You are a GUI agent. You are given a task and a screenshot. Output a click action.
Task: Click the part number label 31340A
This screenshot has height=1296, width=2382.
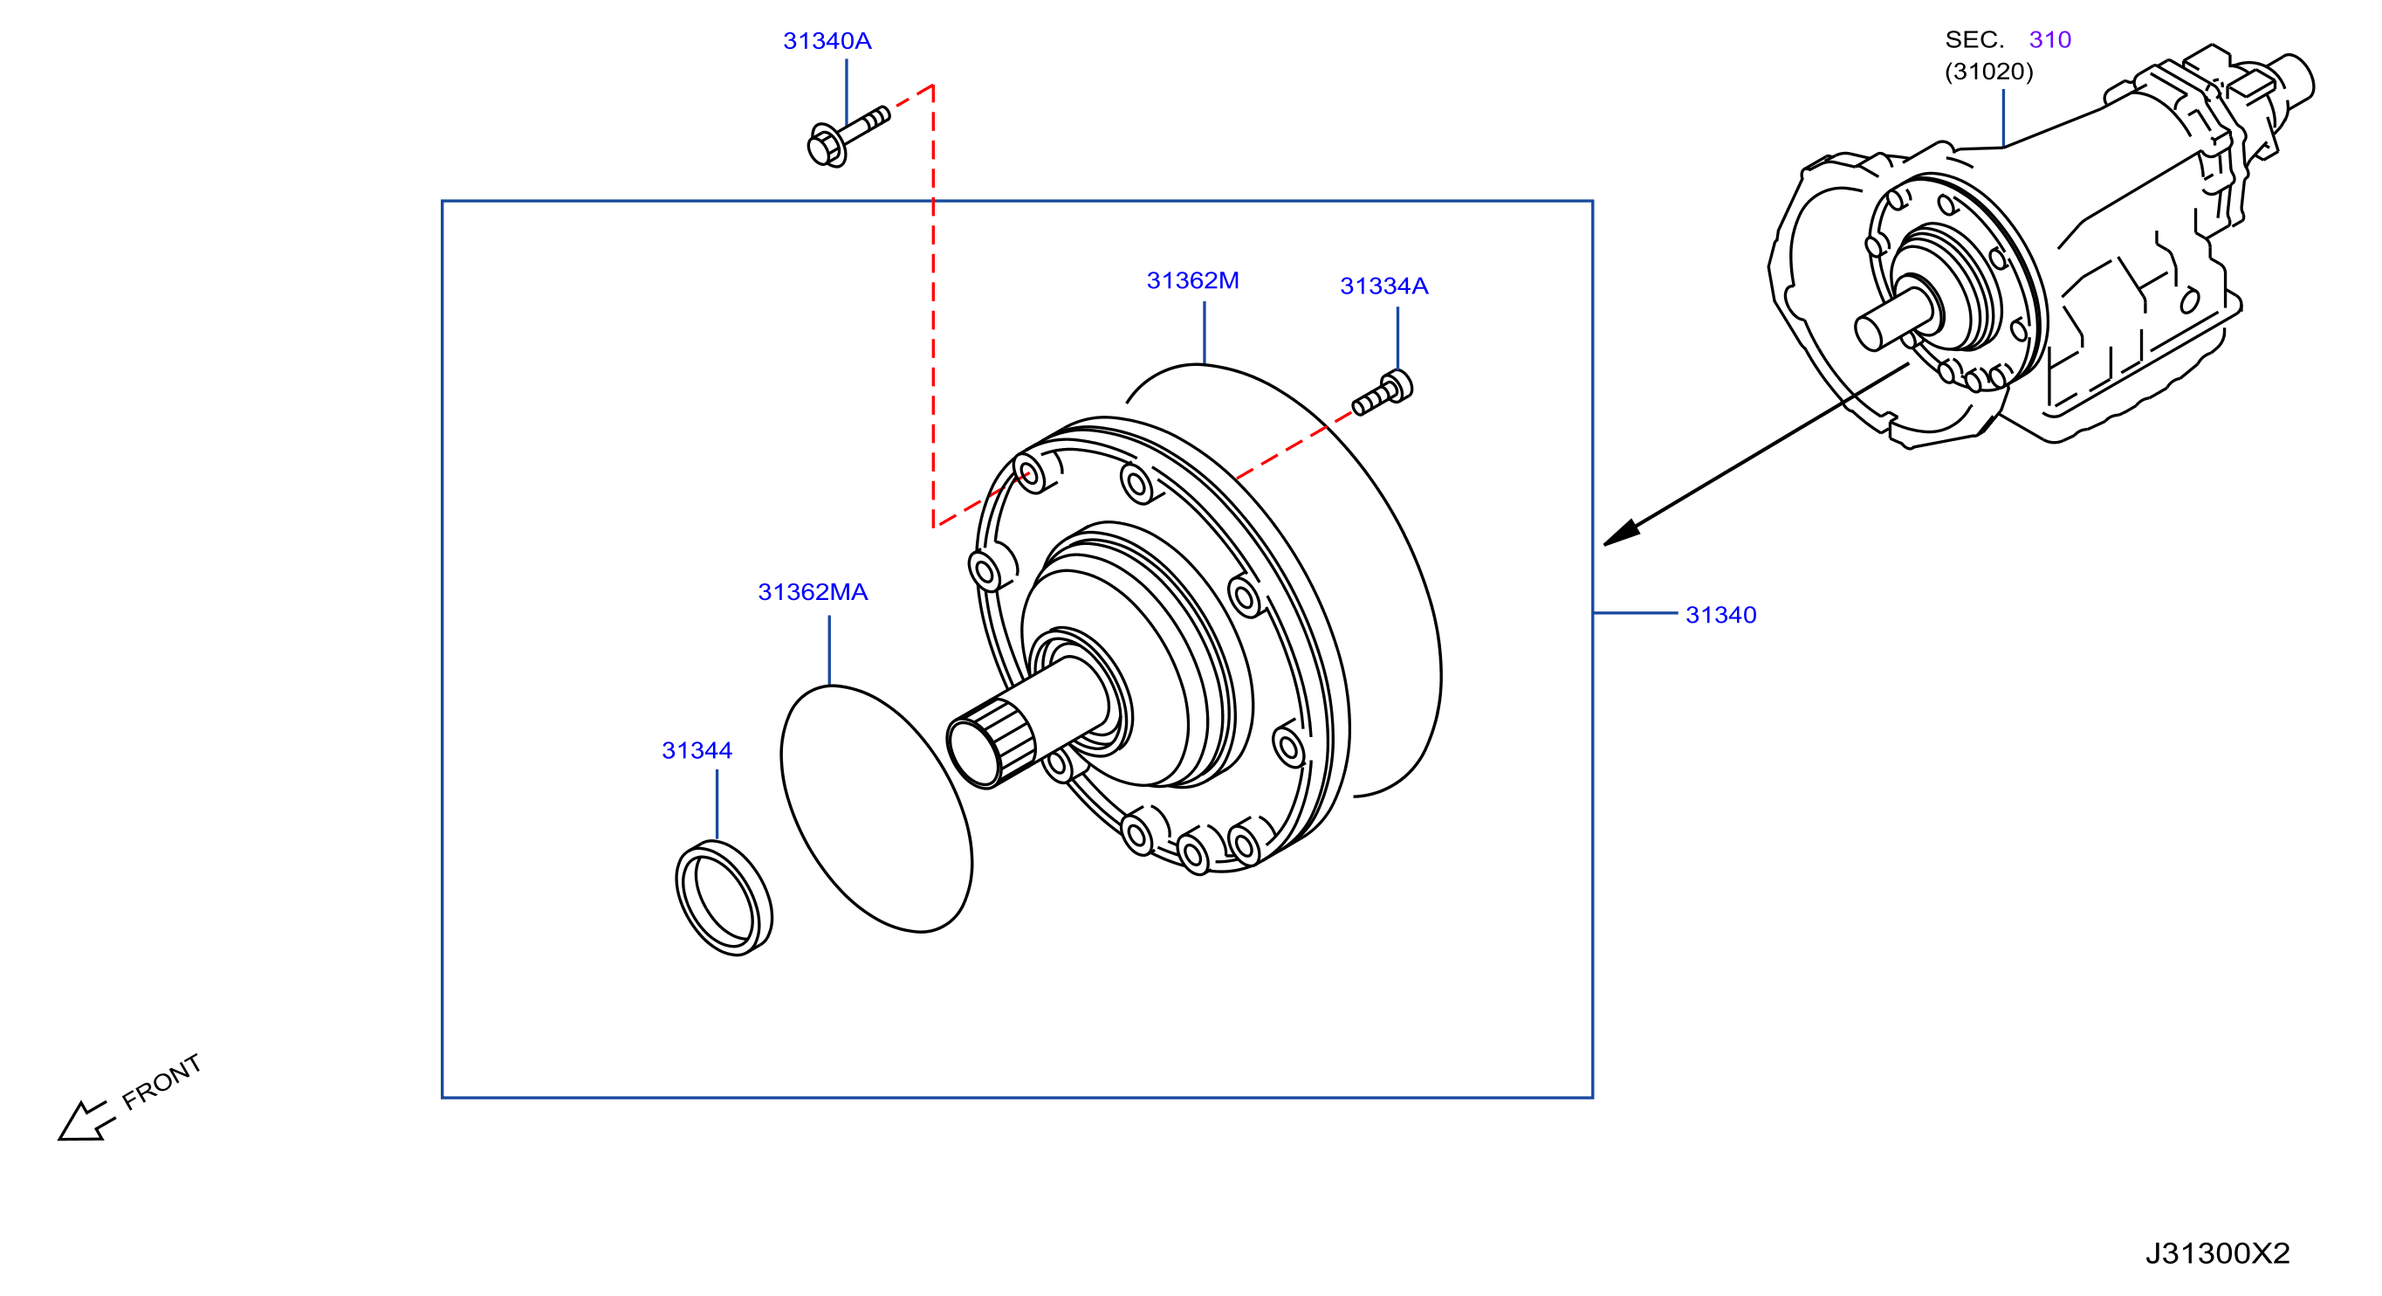coord(827,41)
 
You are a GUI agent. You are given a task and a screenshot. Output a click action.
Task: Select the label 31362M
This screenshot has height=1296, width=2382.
coord(1192,280)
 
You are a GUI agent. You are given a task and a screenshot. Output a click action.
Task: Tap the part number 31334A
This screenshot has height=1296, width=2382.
coord(1383,286)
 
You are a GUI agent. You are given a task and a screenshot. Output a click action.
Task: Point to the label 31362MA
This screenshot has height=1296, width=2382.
coord(812,592)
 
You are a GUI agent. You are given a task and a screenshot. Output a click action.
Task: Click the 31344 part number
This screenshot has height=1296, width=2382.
coord(697,750)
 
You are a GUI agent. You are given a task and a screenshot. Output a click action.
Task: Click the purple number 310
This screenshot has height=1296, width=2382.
coord(2049,40)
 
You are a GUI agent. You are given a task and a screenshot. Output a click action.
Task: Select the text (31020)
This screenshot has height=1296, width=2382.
coord(1988,72)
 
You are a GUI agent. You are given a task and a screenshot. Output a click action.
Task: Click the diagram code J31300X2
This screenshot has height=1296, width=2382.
coord(2216,1252)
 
